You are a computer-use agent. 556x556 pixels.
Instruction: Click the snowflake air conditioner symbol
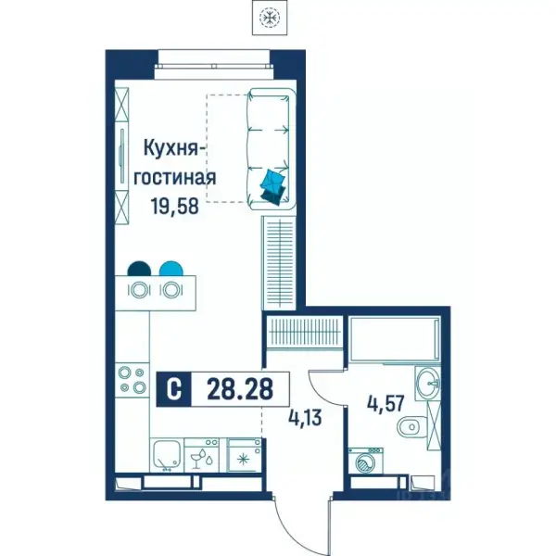coord(270,17)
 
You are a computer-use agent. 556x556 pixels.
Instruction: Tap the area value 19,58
coord(174,206)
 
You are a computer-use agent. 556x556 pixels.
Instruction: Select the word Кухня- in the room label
coord(174,148)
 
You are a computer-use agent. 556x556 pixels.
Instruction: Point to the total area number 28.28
coord(240,389)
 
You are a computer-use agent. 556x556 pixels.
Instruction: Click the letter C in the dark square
coord(174,389)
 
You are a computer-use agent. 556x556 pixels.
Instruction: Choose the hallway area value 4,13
coord(305,418)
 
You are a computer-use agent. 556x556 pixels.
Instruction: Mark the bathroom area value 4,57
coord(386,404)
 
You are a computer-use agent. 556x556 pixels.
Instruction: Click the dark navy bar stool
coord(139,269)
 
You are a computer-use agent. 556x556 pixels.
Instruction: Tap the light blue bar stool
coord(171,269)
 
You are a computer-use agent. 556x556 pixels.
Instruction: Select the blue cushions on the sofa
coord(273,187)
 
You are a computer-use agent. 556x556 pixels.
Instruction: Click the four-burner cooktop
coord(132,380)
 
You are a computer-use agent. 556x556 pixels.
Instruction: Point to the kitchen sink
coord(167,455)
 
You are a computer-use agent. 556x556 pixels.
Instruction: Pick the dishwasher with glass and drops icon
coord(201,455)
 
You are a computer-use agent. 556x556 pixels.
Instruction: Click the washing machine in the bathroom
coord(366,461)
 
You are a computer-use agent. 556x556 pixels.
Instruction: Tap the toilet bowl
coord(411,426)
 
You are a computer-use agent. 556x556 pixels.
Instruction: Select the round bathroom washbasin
coord(427,384)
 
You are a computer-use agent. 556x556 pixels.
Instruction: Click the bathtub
coord(395,340)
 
